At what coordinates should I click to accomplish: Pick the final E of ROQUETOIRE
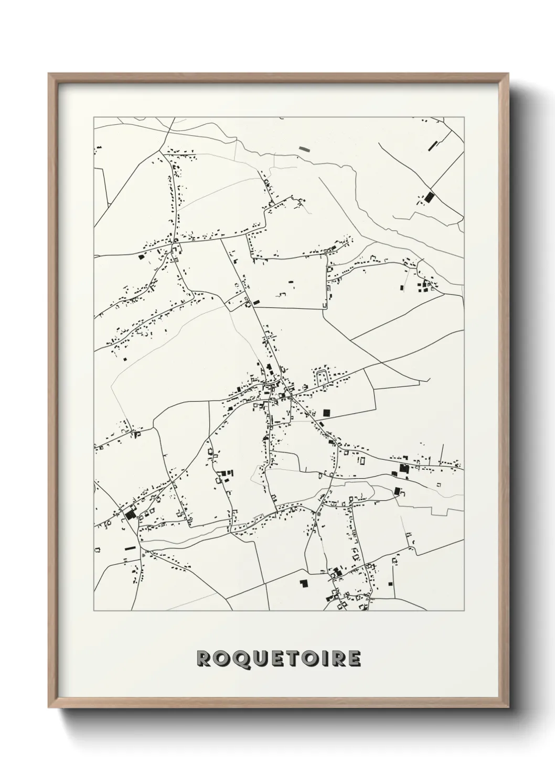tap(354, 659)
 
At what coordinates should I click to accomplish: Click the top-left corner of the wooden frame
tap(49, 74)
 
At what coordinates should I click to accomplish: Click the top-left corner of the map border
tap(94, 117)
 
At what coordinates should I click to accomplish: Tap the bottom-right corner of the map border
tap(464, 611)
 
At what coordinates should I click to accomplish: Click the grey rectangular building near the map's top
tap(304, 148)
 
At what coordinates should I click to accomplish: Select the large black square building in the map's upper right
tap(430, 198)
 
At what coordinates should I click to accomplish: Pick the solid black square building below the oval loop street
tap(328, 413)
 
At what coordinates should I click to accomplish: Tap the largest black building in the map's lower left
tap(130, 514)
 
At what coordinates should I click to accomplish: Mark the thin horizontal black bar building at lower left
tap(130, 548)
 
